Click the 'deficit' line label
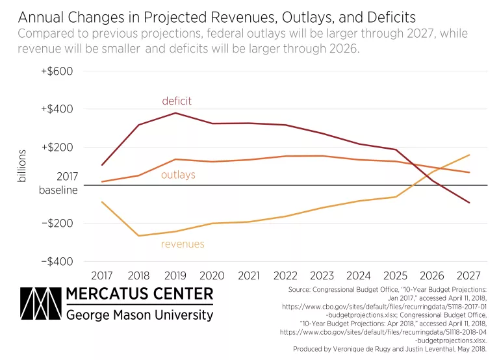point(177,101)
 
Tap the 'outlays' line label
point(178,175)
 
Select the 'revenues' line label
point(183,244)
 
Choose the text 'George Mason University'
point(140,315)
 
